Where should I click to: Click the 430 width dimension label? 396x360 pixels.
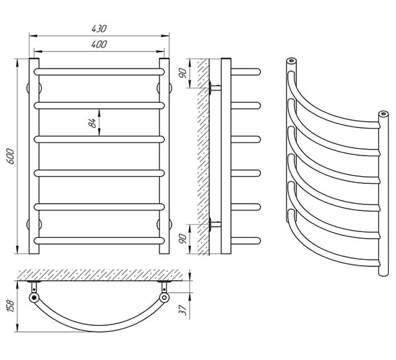[99, 28]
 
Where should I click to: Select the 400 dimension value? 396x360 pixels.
[99, 44]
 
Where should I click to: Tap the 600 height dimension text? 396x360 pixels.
[11, 156]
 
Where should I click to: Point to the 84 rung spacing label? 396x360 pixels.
[92, 123]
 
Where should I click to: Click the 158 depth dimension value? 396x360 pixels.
[11, 306]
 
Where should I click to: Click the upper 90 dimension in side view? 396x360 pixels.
[183, 73]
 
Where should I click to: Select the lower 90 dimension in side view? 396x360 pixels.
[183, 239]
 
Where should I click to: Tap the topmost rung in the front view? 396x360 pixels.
[99, 72]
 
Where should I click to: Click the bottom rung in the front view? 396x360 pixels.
[99, 241]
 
